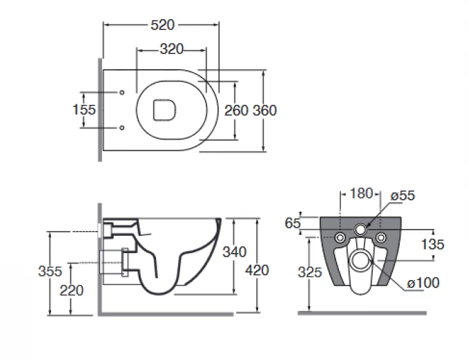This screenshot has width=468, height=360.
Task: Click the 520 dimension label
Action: [x=162, y=25]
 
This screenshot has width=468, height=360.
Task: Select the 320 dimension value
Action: [x=172, y=49]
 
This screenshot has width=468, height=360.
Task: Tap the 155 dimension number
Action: [x=84, y=110]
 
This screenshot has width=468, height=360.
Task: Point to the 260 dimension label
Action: [x=236, y=110]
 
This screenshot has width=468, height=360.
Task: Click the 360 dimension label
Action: [x=265, y=110]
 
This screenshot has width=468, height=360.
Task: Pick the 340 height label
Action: [x=235, y=252]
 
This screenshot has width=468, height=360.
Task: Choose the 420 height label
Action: [x=257, y=270]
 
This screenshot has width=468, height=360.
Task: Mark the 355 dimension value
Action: [x=50, y=272]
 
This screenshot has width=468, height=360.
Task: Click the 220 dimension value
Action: [x=72, y=290]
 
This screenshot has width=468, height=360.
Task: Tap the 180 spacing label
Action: [x=361, y=194]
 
